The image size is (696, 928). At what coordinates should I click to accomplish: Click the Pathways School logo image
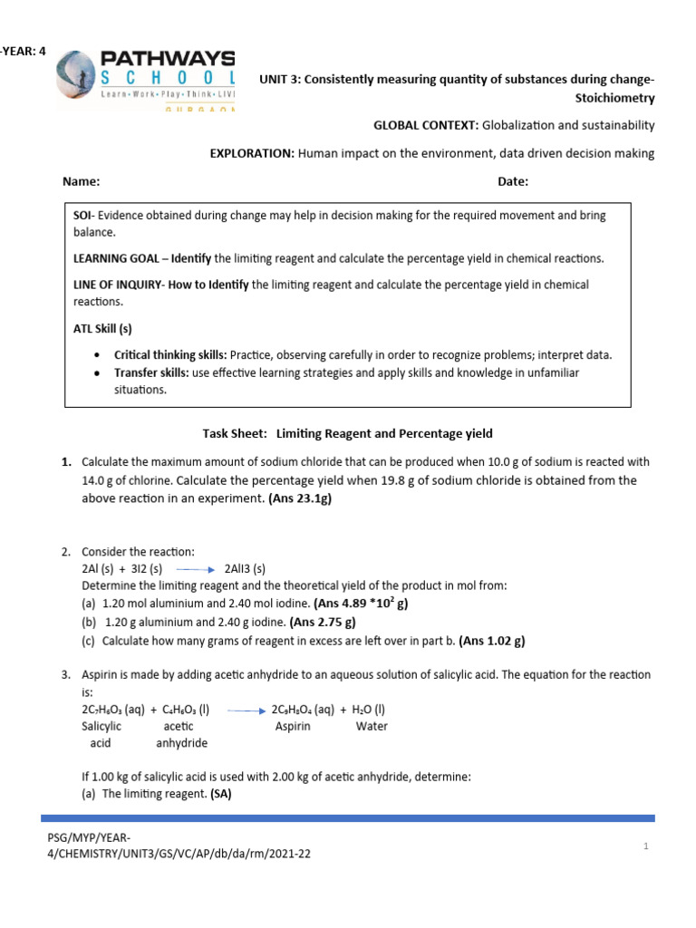coord(146,80)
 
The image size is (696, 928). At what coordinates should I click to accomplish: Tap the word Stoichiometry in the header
coord(614,97)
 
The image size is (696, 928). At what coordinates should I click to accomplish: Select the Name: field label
coord(81,181)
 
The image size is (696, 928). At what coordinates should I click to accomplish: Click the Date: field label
coord(513,181)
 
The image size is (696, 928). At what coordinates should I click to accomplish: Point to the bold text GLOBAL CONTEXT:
coord(426,125)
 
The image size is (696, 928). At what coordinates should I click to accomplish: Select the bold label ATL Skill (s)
coord(102,328)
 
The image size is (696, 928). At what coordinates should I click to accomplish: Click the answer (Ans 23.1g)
coord(306,498)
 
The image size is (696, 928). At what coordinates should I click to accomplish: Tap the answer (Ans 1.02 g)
coord(492,641)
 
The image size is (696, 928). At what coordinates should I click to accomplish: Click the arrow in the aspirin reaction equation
coord(246,710)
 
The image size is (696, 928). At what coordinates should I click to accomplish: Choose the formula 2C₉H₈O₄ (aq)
coord(304,710)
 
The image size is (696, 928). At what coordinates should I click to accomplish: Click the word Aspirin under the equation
coord(293,727)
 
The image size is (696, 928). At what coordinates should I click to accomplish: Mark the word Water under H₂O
coord(372,727)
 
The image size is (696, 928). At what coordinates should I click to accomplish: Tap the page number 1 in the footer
coord(646,846)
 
